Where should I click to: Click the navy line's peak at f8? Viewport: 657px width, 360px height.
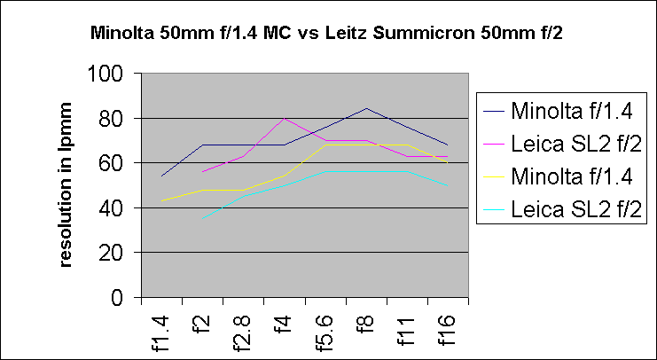tap(366, 108)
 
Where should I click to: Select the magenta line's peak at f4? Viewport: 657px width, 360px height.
tap(285, 118)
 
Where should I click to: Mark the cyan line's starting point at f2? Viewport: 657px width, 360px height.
tap(202, 219)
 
